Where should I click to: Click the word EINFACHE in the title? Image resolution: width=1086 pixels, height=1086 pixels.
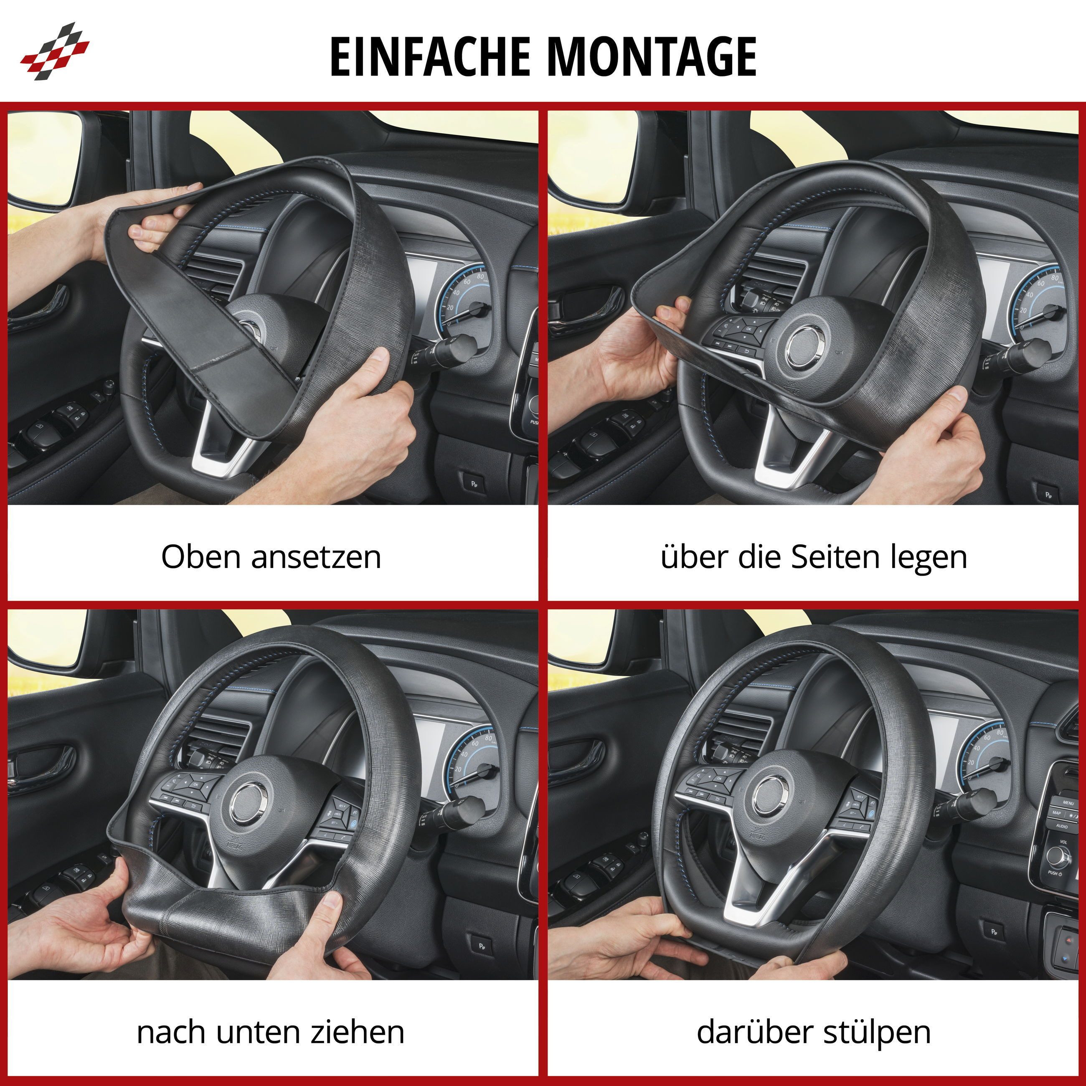coord(430,56)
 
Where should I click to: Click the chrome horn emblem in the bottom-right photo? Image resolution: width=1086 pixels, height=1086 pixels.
coord(771,797)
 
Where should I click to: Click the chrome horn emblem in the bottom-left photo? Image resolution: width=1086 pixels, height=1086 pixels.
coord(248,803)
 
